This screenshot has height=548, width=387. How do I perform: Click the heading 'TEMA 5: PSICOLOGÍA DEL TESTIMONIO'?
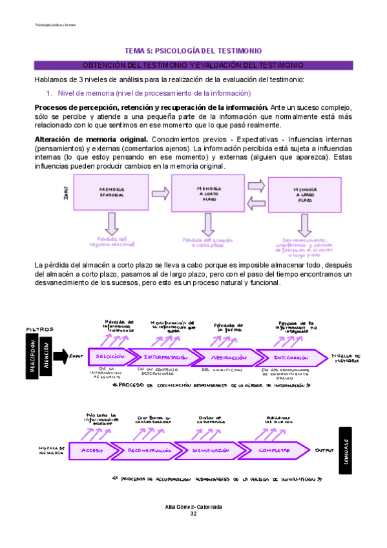pos(193,50)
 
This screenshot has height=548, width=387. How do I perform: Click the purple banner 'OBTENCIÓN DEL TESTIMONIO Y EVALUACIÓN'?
pos(193,65)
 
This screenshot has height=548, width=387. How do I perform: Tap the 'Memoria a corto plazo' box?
pos(208,192)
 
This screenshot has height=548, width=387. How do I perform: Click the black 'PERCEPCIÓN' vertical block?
pos(33,356)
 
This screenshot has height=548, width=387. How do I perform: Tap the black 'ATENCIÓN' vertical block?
pos(47,356)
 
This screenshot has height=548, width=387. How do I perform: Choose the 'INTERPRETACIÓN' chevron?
pos(166,357)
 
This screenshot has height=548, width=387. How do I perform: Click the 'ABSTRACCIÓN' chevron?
pos(229,357)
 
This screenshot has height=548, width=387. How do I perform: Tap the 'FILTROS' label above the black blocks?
pos(38,330)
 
